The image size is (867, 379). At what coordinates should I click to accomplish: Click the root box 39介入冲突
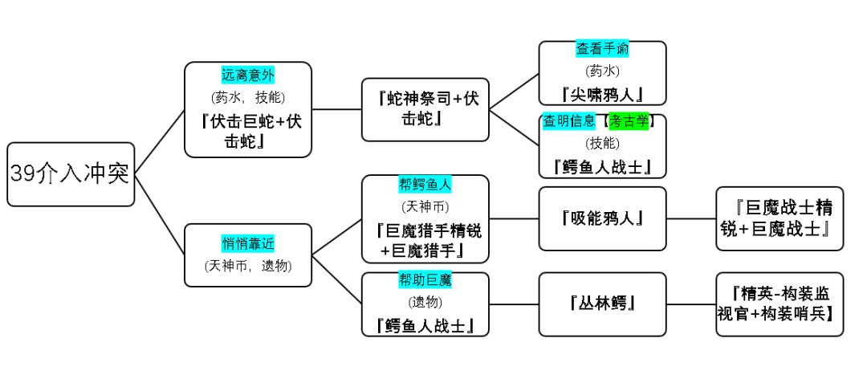point(71,174)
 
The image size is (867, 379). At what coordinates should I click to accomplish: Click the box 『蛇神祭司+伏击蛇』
point(425,109)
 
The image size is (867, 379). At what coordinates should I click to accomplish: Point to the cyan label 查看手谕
point(602,49)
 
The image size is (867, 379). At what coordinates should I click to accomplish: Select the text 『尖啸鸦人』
point(602,94)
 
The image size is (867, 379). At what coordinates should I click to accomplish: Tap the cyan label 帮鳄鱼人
point(425,185)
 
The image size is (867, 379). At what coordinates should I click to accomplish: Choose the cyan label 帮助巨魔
point(425,280)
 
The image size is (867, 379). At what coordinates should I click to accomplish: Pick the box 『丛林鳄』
point(602,304)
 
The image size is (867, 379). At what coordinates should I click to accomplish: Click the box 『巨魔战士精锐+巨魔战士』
point(779,218)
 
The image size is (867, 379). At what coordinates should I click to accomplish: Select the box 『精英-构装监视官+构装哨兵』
point(779,304)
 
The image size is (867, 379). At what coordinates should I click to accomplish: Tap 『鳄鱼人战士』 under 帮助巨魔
point(425,325)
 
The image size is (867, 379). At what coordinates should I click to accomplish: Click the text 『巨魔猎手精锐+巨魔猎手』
point(425,240)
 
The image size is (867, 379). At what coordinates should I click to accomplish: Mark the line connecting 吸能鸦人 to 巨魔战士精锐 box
point(691,218)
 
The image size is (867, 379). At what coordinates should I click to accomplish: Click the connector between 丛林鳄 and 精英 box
point(691,304)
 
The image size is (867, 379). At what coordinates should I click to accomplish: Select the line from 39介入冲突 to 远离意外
point(160,141)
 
